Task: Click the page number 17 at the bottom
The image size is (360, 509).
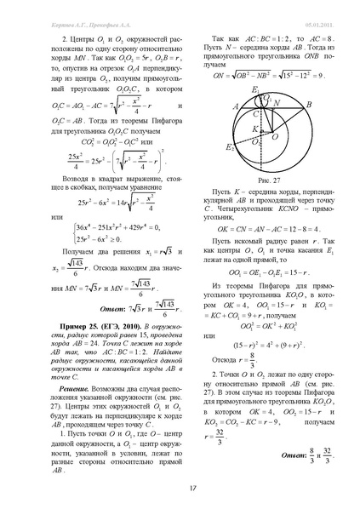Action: click(180, 487)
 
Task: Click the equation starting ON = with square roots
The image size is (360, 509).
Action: click(262, 74)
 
